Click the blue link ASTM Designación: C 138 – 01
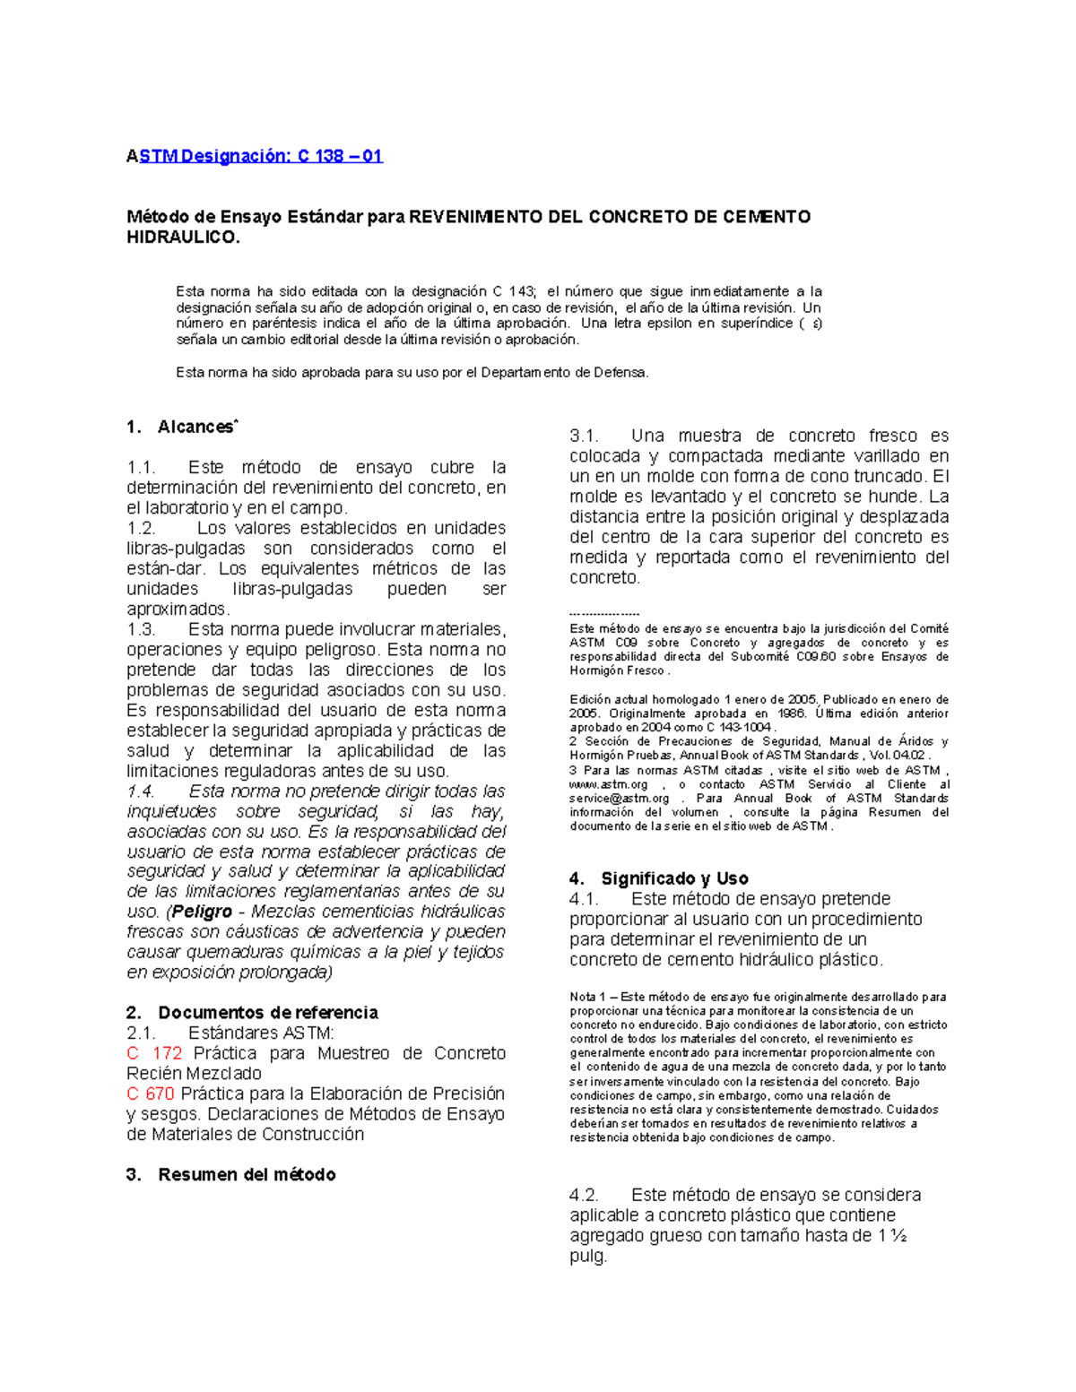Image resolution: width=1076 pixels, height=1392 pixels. [255, 156]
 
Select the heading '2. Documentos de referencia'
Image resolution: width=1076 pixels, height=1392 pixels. [252, 1013]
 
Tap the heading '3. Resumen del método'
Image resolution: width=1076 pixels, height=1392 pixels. [231, 1175]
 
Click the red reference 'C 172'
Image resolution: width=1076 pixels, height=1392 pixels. [154, 1053]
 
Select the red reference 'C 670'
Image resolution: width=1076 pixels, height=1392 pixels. [150, 1094]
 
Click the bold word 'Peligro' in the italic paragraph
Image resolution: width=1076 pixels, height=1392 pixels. [202, 912]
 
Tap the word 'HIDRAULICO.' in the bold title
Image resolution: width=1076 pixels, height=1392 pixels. [184, 238]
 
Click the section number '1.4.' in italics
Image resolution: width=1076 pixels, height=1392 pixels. [141, 791]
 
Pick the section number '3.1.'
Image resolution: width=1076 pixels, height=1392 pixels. [584, 437]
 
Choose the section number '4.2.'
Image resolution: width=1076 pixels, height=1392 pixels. [584, 1195]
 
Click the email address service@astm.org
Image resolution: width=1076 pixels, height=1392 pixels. [619, 799]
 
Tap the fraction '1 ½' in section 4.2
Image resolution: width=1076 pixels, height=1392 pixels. [892, 1236]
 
